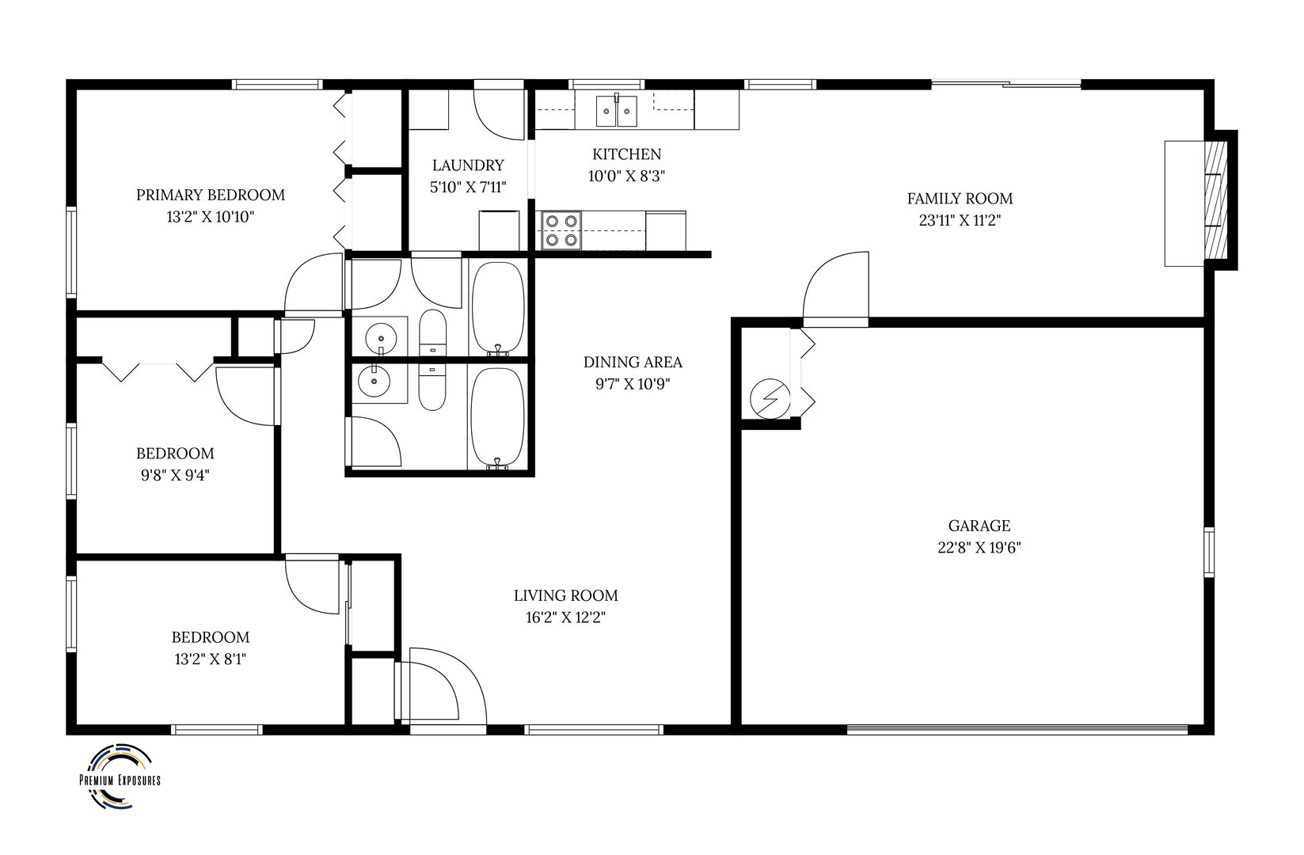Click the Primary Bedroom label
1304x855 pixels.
[x=210, y=195]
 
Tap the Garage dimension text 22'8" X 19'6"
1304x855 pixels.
[x=979, y=548]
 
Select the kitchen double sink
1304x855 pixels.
[x=616, y=110]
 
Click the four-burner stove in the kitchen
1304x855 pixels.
[x=561, y=230]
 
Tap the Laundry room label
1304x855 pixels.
[x=468, y=165]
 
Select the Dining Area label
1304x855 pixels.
[x=633, y=363]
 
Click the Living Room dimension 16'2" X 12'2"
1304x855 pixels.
[x=565, y=617]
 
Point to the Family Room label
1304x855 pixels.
[x=960, y=199]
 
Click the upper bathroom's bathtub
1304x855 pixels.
[x=497, y=308]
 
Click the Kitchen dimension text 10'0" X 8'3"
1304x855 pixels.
[x=625, y=177]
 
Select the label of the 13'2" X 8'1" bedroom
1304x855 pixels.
[x=211, y=637]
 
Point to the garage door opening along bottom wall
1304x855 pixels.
[x=1017, y=728]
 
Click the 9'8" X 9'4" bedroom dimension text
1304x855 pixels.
[x=175, y=476]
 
